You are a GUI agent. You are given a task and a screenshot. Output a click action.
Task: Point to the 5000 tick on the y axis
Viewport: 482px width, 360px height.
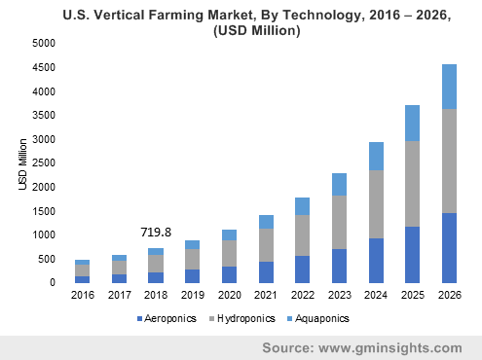point(43,44)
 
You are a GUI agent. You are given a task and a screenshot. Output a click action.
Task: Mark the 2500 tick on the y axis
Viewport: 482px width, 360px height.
point(43,163)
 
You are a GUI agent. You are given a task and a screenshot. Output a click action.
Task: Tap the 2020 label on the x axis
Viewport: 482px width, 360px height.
point(230,296)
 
